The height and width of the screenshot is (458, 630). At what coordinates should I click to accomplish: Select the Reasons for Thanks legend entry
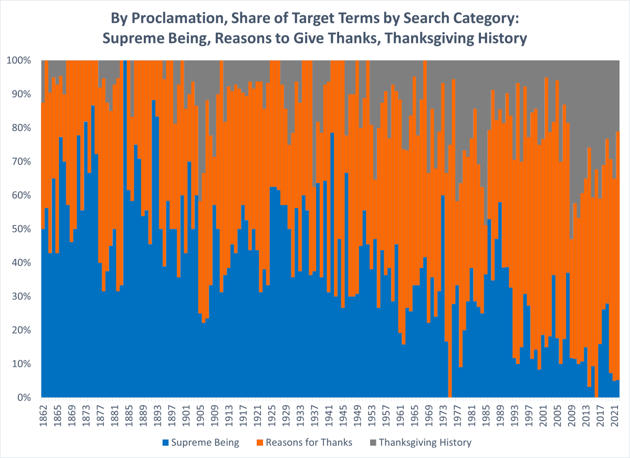tap(309, 442)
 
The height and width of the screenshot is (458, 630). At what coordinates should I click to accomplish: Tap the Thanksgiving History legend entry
tap(425, 442)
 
